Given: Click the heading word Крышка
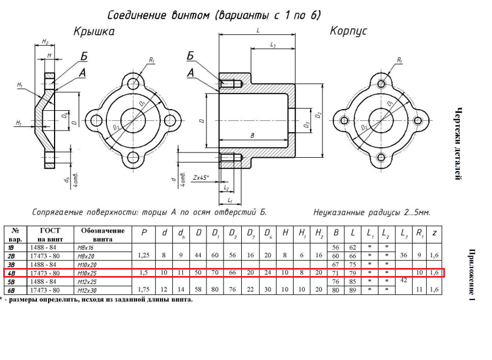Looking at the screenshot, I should coord(94,32).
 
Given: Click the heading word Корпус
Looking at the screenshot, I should coord(348,31).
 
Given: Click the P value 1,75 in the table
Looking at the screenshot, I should coord(143,289).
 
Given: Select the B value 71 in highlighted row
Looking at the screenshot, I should coord(335,273).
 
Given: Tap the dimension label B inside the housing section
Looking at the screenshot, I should coord(252,136).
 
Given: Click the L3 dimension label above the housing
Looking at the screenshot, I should coord(273,46).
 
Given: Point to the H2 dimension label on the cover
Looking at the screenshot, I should coord(45,42).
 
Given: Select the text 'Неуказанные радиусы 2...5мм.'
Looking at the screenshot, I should coord(372,212).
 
